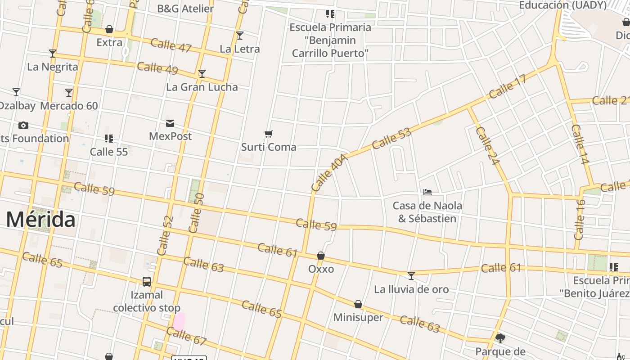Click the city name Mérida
point(40,220)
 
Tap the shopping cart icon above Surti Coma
point(269,134)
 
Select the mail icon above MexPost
point(170,123)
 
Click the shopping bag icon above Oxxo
point(321,256)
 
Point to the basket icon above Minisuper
point(358,304)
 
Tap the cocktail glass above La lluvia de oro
point(411,275)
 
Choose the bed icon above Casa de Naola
point(427,192)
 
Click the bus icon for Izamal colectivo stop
point(147,282)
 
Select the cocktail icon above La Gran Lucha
point(202,73)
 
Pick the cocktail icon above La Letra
point(240,35)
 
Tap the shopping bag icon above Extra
point(109,30)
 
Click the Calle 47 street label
point(171,45)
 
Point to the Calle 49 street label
point(157,68)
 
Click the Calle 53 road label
point(391,138)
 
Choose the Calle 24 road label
point(487,146)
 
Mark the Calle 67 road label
point(186,336)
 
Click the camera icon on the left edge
point(23,125)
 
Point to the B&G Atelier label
point(185,9)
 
